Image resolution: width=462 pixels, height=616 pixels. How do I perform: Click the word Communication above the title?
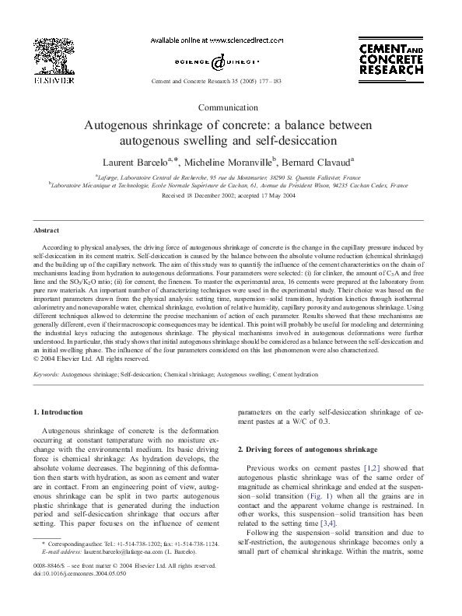click(x=229, y=107)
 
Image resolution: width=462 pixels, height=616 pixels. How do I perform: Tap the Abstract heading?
click(x=46, y=231)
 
